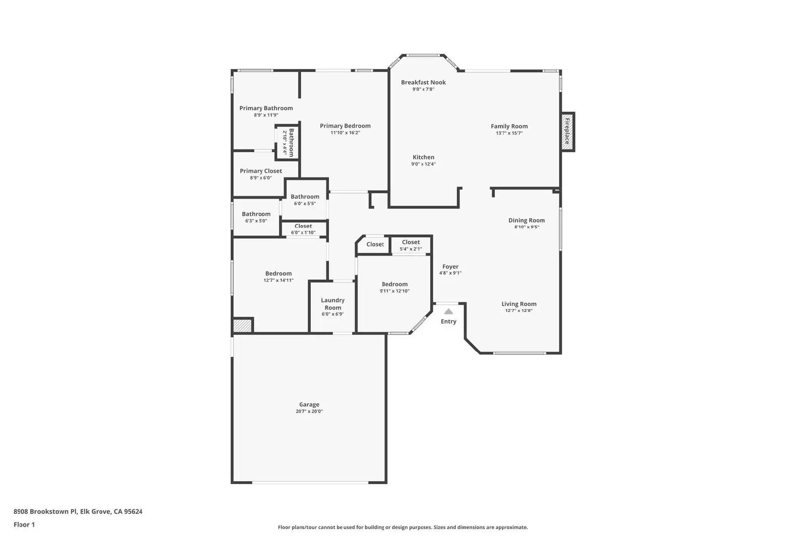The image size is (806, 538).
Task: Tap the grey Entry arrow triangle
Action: click(x=448, y=312)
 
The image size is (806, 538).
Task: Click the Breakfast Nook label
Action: click(x=423, y=83)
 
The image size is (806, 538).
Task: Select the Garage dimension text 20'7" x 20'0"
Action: click(x=309, y=411)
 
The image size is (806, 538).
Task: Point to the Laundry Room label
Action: click(x=332, y=304)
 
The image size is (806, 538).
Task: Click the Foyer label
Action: click(x=450, y=267)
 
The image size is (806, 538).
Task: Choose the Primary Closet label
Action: click(x=261, y=171)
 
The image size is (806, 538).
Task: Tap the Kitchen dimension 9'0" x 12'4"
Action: click(x=423, y=164)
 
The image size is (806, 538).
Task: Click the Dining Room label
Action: click(x=526, y=220)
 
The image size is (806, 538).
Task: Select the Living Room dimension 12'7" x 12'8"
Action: click(x=519, y=311)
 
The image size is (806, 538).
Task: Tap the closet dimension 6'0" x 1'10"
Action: click(x=303, y=232)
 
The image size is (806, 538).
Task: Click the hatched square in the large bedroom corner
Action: click(x=242, y=326)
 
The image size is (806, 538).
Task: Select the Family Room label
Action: click(x=509, y=127)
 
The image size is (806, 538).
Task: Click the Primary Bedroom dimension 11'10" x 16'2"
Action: click(x=345, y=133)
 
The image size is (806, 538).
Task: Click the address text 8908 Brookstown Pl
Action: click(x=45, y=511)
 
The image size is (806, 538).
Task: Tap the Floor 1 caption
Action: click(x=24, y=525)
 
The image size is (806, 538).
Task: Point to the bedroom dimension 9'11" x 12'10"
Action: click(x=394, y=291)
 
